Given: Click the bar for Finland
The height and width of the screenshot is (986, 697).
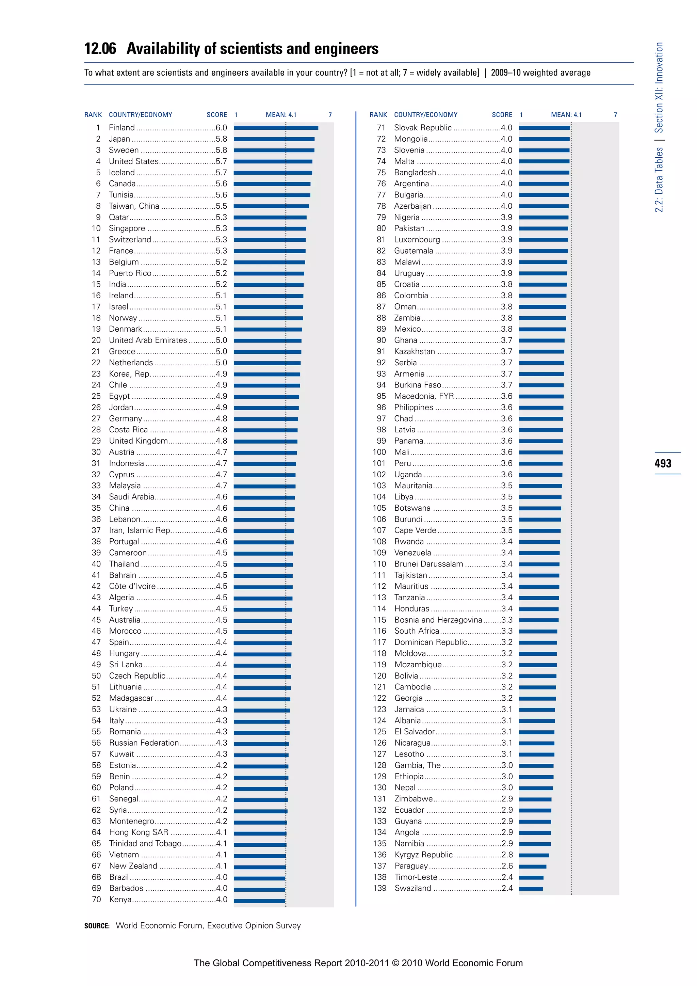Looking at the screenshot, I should [276, 128].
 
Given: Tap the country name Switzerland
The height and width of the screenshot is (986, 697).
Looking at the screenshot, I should [130, 240].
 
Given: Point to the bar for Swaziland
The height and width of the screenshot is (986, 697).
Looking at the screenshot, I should [531, 889].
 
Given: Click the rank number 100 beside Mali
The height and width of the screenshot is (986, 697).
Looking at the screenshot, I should [379, 452].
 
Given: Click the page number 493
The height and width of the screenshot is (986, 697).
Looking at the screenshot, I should [663, 463].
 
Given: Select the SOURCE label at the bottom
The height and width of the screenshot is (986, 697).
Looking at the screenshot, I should [97, 926].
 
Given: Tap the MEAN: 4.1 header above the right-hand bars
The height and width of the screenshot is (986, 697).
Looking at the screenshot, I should [566, 115].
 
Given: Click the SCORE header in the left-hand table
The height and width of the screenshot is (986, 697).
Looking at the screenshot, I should [217, 115].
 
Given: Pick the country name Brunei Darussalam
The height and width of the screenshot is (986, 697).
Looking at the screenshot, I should [428, 564].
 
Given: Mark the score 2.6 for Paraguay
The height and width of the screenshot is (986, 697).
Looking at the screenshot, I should [507, 866].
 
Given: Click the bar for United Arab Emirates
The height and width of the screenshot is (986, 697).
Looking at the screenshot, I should [268, 340].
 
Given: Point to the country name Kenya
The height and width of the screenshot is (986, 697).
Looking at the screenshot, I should [120, 900].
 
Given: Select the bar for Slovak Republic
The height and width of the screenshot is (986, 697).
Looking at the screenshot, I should [544, 128].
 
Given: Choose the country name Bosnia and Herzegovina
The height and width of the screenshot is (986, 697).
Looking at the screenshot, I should [438, 620].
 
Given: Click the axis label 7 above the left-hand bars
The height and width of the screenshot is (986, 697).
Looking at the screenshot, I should [330, 115].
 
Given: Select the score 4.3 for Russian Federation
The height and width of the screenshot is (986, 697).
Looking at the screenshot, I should [222, 743].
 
